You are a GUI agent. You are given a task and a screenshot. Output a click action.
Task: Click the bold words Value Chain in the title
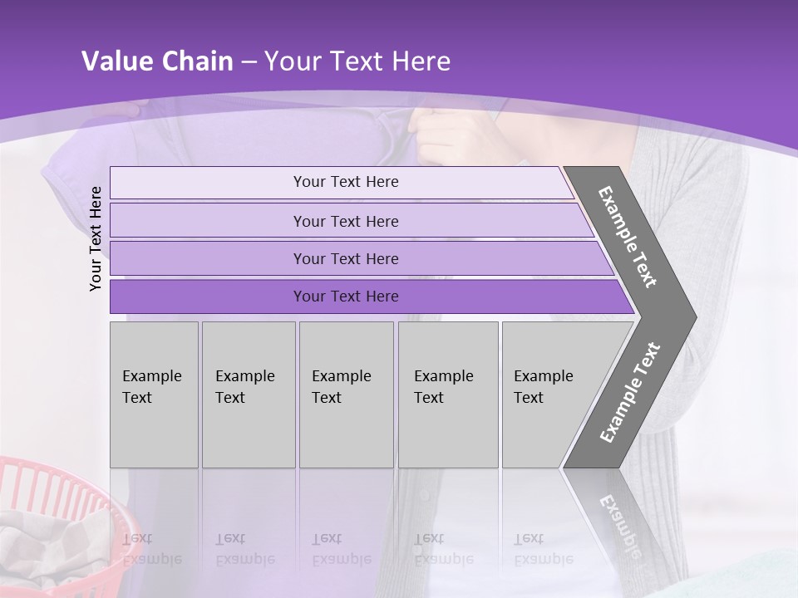[x=157, y=61]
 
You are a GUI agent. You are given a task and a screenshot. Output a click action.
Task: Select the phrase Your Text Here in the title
[x=357, y=61]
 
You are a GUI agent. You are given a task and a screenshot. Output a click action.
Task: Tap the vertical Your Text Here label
[x=96, y=238]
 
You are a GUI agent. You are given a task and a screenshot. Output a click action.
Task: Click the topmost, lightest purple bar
[x=345, y=182]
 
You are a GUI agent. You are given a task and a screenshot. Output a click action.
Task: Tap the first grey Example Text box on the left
[x=154, y=395]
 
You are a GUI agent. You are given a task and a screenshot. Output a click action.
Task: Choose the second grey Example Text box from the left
[x=248, y=395]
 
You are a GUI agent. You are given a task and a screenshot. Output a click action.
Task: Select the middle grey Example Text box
[x=346, y=395]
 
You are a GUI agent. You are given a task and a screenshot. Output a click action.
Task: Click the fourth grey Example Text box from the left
[x=447, y=395]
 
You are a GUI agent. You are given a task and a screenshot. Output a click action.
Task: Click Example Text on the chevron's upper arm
[x=628, y=237]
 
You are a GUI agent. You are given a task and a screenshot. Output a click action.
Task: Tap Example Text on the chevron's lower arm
[x=630, y=392]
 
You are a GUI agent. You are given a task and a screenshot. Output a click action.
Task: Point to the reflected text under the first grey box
[x=152, y=548]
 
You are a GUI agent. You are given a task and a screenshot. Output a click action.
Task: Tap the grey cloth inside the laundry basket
[x=50, y=548]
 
